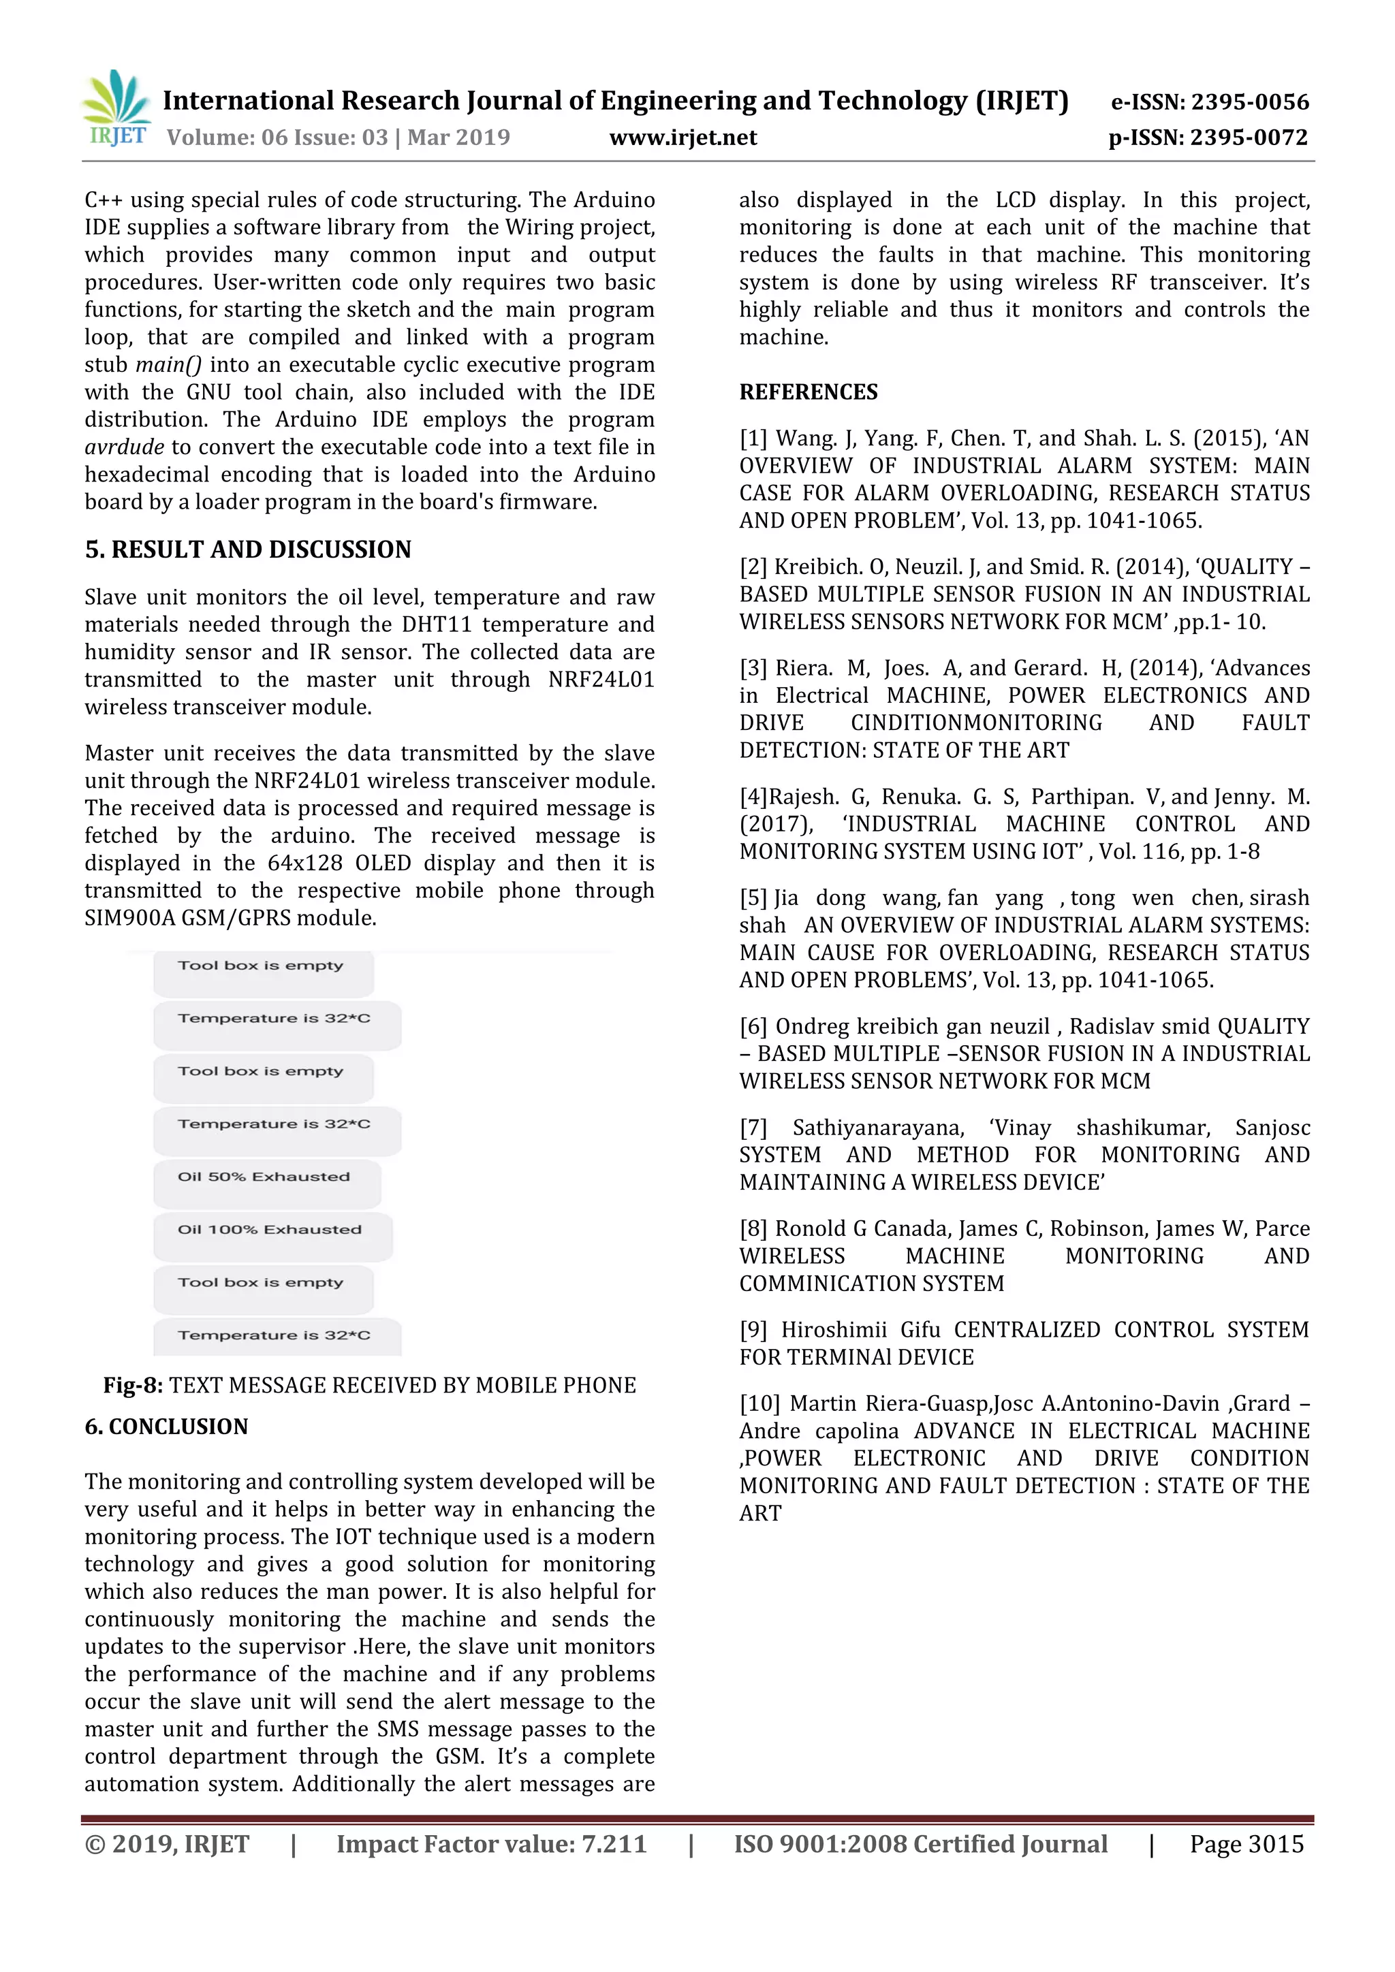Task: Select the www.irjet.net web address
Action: [x=683, y=138]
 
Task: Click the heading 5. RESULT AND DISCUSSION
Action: [x=247, y=550]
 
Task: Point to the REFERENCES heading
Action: [x=809, y=392]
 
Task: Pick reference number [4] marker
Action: [x=753, y=797]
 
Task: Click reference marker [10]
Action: [x=759, y=1403]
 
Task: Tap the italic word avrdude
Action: [x=125, y=447]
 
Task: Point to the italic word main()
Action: [x=169, y=365]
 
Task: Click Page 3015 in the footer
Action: [x=1247, y=1844]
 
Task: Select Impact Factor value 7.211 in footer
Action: [x=491, y=1844]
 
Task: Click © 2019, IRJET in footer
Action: [x=167, y=1844]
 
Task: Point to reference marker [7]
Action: [x=753, y=1128]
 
